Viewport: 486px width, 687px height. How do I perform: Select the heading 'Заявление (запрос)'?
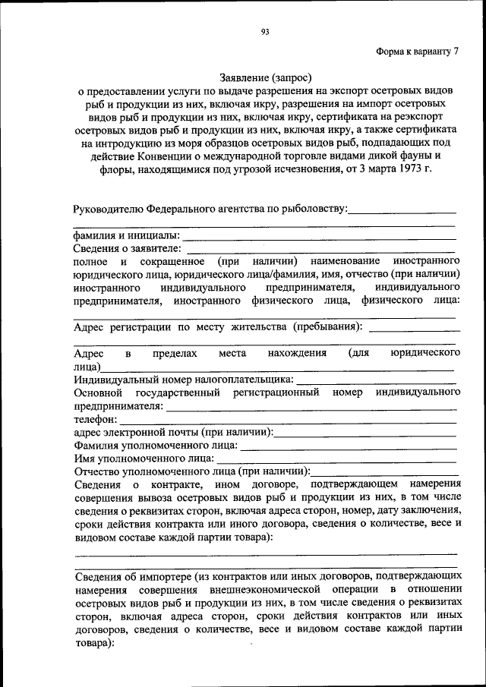(266, 77)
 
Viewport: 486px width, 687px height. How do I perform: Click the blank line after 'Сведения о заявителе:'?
(320, 248)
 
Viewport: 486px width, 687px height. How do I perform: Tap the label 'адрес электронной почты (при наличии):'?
(173, 432)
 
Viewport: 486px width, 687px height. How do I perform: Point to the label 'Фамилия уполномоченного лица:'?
(155, 445)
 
